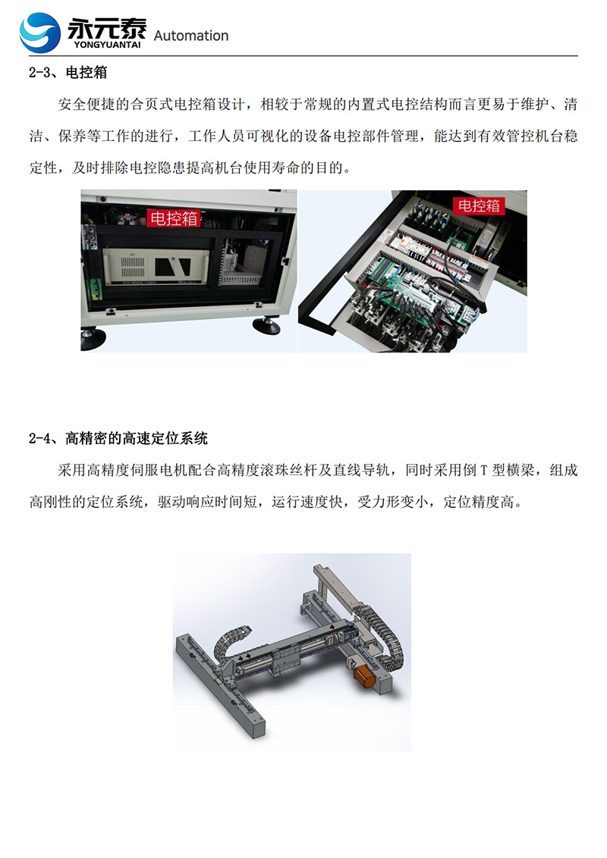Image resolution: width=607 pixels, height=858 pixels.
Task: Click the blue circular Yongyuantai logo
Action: [x=39, y=33]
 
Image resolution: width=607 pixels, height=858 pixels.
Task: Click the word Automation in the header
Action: [x=190, y=36]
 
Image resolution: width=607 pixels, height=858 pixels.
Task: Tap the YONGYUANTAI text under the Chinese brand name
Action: [x=107, y=45]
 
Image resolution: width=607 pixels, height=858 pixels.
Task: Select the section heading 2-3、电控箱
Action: [x=68, y=73]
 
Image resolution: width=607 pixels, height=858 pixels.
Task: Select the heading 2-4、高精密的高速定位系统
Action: [x=118, y=438]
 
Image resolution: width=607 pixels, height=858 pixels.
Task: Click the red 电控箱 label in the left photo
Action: [x=174, y=218]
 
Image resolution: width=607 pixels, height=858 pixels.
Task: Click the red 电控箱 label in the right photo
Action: [x=479, y=205]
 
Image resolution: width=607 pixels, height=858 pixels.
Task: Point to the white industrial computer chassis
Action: [x=156, y=266]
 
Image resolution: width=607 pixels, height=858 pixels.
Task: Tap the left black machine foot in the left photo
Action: [x=93, y=338]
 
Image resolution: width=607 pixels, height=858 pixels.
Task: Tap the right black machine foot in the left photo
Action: [x=266, y=325]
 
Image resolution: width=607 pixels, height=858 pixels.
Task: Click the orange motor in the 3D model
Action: [x=363, y=676]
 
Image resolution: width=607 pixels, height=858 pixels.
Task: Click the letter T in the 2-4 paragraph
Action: [x=484, y=471]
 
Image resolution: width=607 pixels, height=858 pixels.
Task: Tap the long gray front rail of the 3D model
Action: [x=220, y=686]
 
